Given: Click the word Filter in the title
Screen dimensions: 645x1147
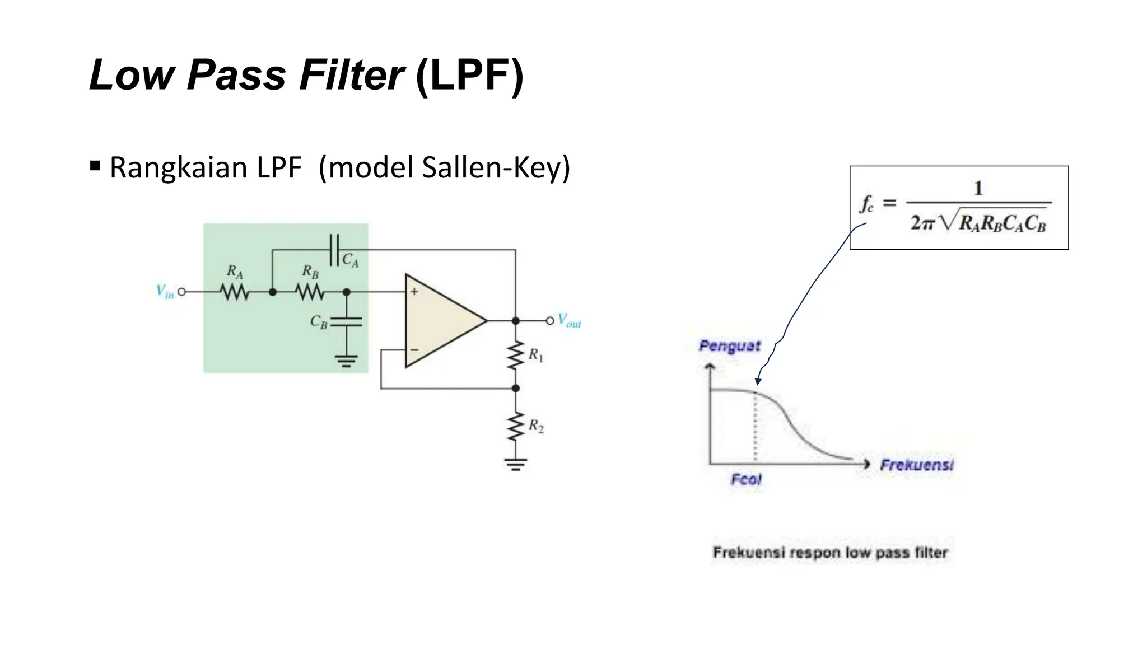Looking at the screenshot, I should (351, 75).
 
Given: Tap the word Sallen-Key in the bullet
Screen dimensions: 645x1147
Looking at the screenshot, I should (496, 167).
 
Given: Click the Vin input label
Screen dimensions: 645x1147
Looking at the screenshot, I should (165, 292).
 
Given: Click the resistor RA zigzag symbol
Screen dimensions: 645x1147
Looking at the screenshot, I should (234, 292).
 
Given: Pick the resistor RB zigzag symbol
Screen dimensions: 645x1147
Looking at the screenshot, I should (310, 292).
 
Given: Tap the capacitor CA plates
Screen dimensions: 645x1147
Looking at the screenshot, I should (334, 250).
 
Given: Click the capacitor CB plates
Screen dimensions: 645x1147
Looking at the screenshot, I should (346, 322).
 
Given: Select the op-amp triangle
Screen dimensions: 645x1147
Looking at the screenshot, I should (442, 321).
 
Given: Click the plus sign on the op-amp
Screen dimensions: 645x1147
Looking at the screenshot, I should (414, 292).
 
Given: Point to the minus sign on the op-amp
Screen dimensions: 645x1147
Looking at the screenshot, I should (414, 350).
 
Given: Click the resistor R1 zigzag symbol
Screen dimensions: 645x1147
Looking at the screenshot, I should (516, 355).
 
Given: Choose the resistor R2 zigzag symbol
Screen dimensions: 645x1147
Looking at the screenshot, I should (516, 427).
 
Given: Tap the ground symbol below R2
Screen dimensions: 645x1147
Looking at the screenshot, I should (516, 464).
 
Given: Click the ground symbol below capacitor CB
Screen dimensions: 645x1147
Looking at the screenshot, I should (346, 361).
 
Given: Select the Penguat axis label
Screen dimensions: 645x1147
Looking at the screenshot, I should (730, 346).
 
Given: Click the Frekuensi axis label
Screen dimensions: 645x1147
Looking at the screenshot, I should (916, 465).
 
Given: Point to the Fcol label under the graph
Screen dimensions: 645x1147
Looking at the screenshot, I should (746, 479).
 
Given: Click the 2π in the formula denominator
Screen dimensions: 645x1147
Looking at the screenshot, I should (922, 223).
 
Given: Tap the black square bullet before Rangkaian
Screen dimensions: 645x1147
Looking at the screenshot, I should (95, 166).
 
